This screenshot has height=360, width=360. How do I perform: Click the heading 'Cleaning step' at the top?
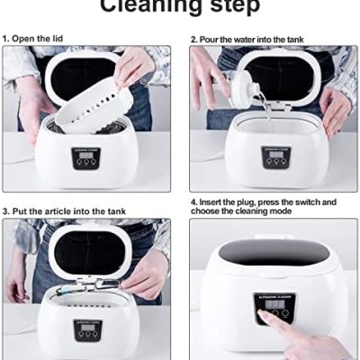(180, 7)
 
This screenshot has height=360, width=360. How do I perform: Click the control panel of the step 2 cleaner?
(275, 158)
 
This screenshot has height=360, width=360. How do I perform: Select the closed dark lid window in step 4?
(274, 254)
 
